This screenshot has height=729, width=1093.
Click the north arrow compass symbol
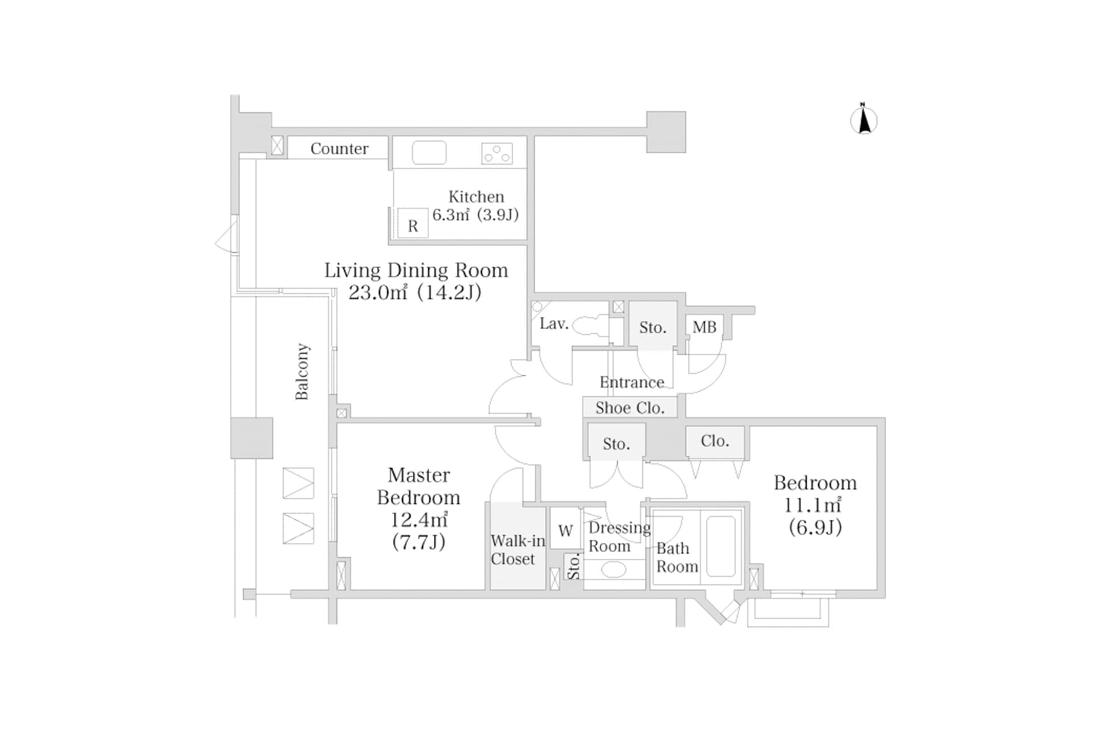coord(864,120)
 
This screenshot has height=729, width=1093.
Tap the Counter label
coord(339,149)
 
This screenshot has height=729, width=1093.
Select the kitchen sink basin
coord(429,153)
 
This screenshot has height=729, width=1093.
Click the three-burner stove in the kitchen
coord(496,153)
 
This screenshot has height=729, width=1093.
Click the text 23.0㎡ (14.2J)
coord(414,292)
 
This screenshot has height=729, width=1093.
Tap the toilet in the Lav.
coord(590,326)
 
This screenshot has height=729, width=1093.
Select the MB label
coord(704,327)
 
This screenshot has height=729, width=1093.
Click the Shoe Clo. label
coord(630,408)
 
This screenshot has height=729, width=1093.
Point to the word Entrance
coord(631,382)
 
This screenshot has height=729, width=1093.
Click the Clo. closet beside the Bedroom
coord(714,441)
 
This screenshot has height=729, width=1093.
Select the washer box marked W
coord(565,530)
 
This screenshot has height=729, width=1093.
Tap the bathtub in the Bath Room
coord(721,546)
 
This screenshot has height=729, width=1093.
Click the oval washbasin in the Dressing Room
coord(613,570)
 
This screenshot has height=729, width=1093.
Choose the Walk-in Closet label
coord(517,550)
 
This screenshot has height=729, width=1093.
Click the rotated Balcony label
coord(302,371)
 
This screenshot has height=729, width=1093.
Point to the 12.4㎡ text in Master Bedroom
coord(418,519)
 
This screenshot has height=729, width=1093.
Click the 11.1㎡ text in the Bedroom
coord(812,505)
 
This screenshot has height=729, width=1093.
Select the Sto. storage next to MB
coord(652,327)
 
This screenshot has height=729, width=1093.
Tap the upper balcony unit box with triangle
coord(298,483)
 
